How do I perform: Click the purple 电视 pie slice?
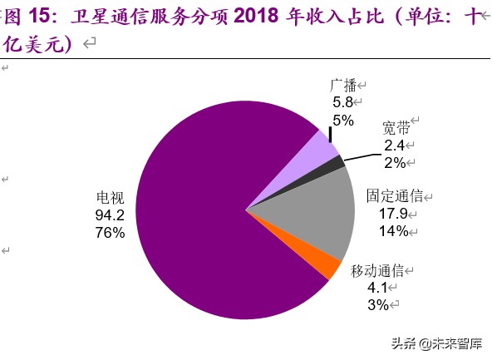pos(208,241)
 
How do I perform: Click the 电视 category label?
pos(110,198)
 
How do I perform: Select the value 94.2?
pos(110,215)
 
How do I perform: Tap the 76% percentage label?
pos(110,233)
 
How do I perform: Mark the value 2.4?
pos(394,145)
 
